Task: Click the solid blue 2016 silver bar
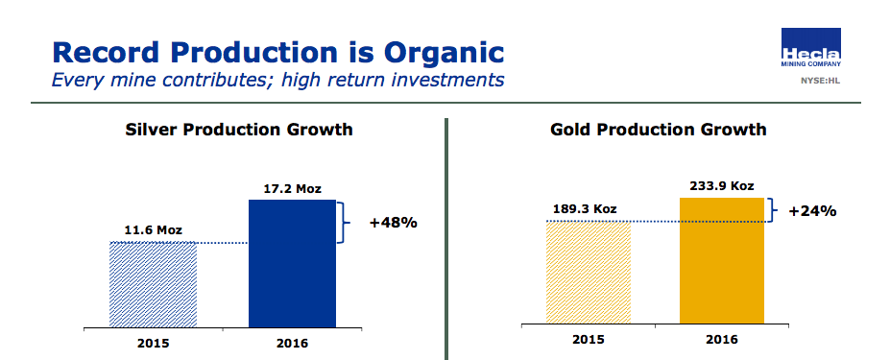pos(292,263)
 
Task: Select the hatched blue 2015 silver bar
pos(154,284)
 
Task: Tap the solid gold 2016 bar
pos(722,261)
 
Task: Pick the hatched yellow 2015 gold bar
pos(588,273)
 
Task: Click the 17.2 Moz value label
pos(292,188)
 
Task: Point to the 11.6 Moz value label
pos(154,229)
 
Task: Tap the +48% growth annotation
pos(393,223)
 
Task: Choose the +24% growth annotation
pos(812,210)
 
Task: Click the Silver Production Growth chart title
pos(239,129)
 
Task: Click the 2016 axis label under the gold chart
pos(722,339)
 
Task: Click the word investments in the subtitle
pos(443,79)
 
